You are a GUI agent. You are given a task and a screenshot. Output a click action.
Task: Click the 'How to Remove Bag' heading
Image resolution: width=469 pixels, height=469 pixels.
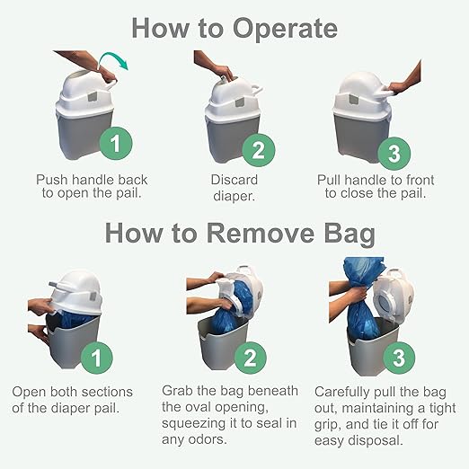(234, 234)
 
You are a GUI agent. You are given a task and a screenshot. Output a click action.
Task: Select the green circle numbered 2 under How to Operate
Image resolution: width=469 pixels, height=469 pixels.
(257, 149)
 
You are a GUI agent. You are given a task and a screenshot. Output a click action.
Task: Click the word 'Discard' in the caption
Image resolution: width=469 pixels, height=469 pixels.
(234, 179)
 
